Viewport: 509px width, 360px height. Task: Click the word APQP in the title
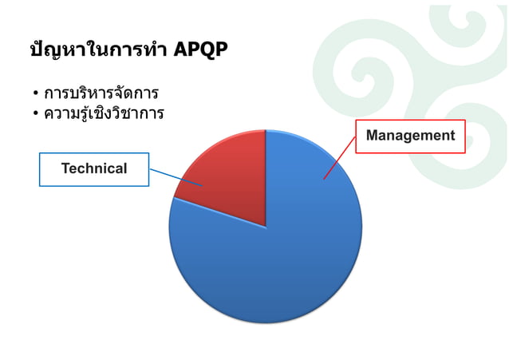(x=199, y=50)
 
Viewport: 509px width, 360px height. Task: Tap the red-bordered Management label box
(x=410, y=136)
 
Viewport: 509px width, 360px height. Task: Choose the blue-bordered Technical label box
(x=94, y=168)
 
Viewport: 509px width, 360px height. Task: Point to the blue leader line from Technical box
(x=176, y=177)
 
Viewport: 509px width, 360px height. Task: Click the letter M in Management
(x=372, y=136)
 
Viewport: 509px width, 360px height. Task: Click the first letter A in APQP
(x=178, y=50)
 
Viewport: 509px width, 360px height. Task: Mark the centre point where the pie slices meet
(x=266, y=227)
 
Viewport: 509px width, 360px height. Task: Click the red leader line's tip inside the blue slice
(x=324, y=179)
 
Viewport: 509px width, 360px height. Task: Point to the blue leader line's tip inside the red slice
(x=203, y=186)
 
